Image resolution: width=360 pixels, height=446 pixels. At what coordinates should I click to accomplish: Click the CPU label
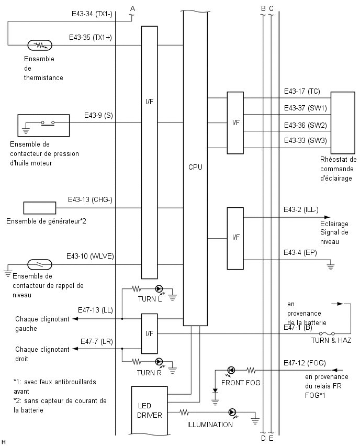(x=195, y=167)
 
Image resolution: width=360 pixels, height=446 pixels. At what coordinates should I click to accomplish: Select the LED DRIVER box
(x=149, y=410)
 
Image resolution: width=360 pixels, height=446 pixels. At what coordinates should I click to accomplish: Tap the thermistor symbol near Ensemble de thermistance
(x=40, y=45)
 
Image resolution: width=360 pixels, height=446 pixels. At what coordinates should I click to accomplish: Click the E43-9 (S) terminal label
(x=98, y=116)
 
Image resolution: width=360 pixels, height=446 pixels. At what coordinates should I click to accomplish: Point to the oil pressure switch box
(x=43, y=126)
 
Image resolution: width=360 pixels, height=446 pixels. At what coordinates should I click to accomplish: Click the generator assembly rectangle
(x=40, y=208)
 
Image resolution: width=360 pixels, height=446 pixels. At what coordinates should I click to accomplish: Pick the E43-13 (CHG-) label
(x=90, y=199)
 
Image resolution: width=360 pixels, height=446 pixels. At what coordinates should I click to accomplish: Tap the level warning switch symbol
(x=40, y=265)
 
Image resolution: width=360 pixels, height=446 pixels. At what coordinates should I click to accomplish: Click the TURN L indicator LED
(x=159, y=289)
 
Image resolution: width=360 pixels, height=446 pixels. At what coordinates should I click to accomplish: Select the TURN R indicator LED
(x=159, y=362)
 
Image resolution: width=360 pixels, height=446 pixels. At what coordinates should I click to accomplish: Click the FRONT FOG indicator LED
(x=231, y=370)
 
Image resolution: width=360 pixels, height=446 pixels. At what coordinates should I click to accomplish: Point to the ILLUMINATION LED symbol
(x=232, y=412)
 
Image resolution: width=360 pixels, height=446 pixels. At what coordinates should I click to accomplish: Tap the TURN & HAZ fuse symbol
(x=327, y=333)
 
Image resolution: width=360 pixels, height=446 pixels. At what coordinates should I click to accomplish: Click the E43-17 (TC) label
(x=302, y=91)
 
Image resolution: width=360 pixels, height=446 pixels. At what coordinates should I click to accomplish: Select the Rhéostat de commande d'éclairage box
(x=343, y=122)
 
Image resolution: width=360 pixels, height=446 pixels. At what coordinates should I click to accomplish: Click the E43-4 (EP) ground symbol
(x=330, y=266)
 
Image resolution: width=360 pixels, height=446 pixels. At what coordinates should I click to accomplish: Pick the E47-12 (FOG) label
(x=305, y=363)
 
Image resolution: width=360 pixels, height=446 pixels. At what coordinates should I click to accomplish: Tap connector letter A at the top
(x=132, y=8)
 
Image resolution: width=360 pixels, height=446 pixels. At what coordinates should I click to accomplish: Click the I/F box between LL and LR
(x=149, y=333)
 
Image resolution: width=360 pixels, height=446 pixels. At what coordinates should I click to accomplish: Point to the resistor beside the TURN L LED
(x=137, y=289)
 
